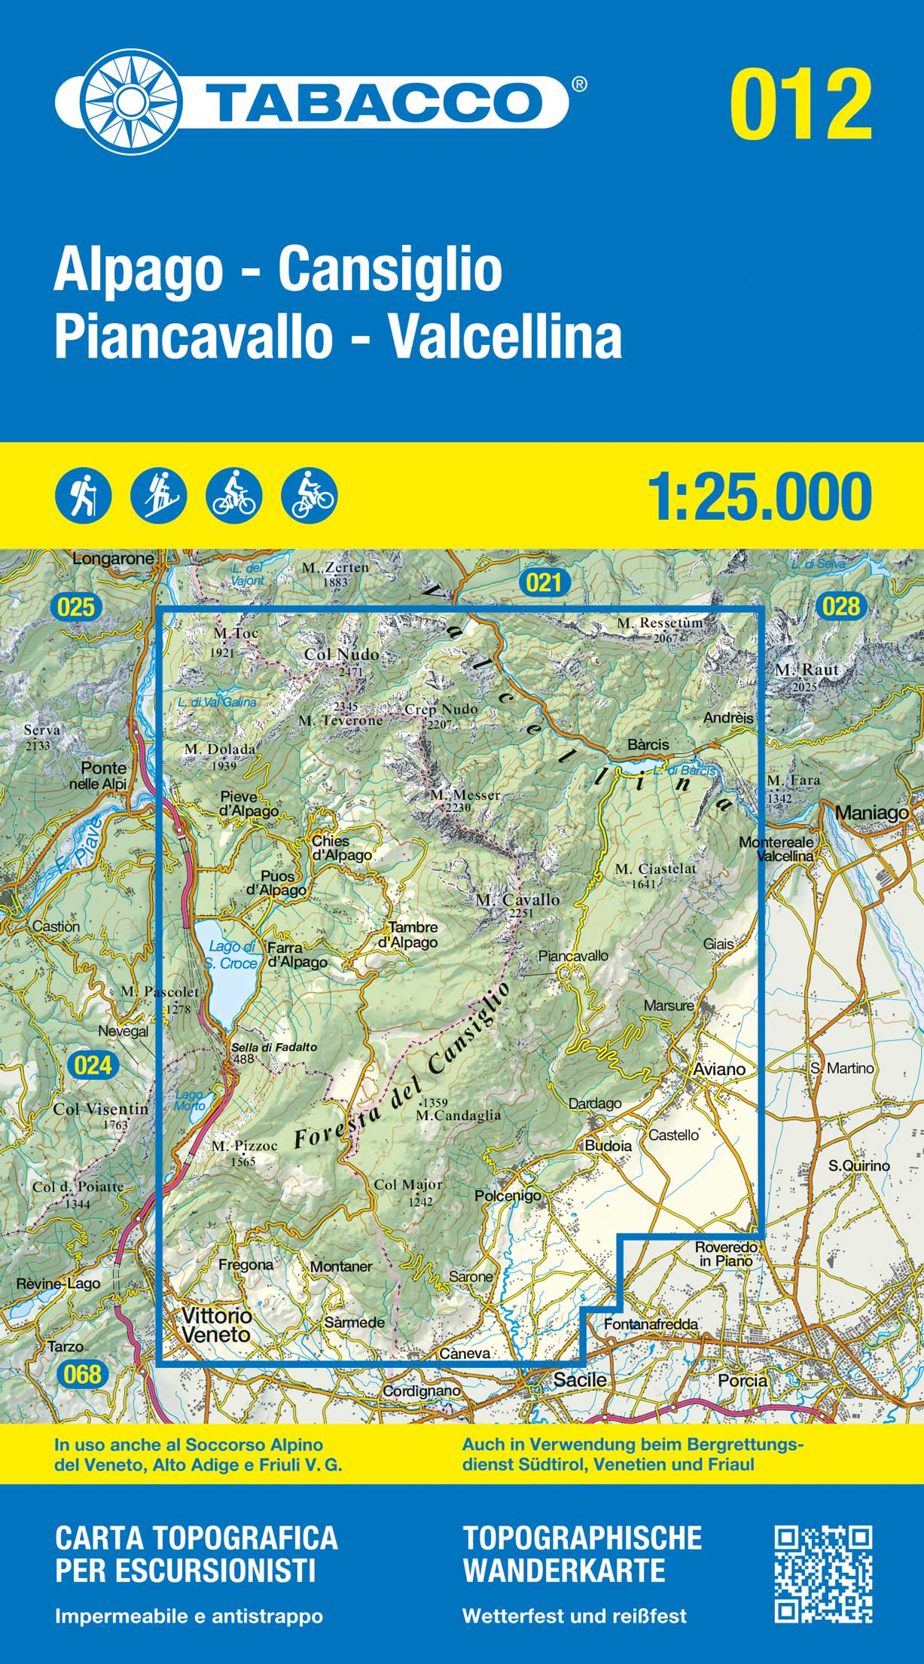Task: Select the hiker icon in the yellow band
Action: [83, 496]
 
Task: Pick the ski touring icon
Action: [158, 496]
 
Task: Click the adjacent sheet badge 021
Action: [544, 582]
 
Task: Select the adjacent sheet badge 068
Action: [82, 1374]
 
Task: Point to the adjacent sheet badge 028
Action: [841, 606]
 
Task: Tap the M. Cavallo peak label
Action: [517, 899]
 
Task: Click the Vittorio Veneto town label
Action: [215, 1324]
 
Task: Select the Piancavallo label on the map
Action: [573, 955]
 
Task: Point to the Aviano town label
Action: [719, 1069]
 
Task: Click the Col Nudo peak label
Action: [341, 655]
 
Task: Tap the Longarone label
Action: [113, 559]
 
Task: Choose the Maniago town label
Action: [871, 813]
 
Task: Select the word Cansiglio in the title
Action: [390, 270]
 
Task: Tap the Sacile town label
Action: [579, 1379]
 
